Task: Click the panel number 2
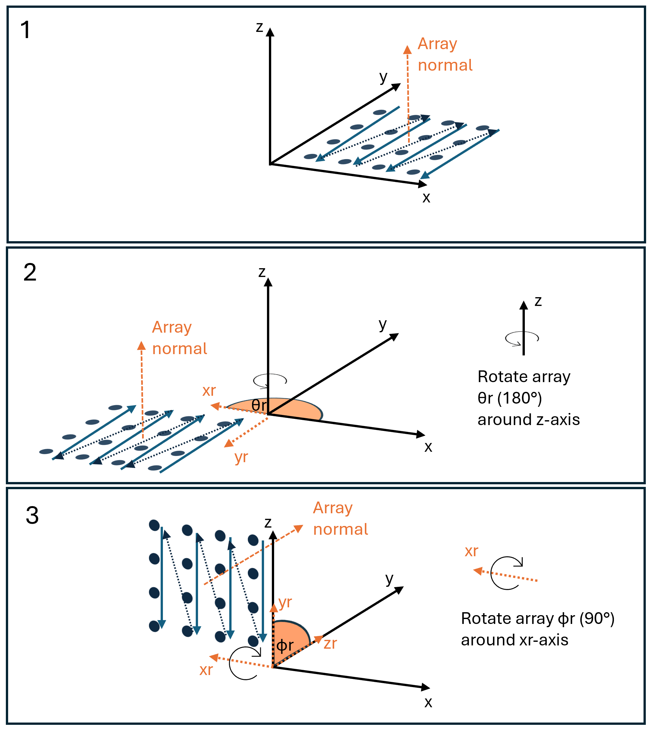30,273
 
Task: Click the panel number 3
32,516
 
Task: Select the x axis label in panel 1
426,197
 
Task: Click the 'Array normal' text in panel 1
445,54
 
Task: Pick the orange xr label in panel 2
209,390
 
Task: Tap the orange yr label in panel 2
241,457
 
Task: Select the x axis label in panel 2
428,447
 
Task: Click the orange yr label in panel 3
285,602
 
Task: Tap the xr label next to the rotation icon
471,551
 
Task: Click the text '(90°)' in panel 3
597,618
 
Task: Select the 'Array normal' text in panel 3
340,519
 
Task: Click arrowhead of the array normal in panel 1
407,50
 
